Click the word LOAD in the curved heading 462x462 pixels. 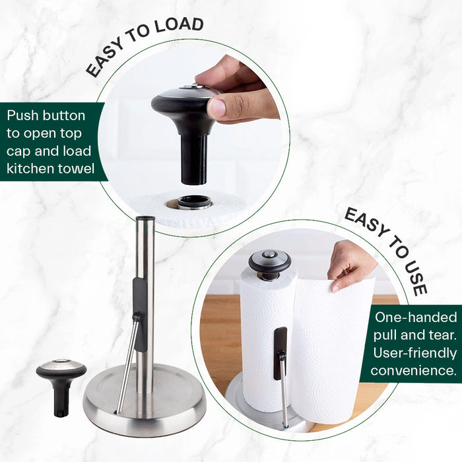click(x=179, y=25)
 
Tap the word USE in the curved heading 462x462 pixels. click(x=415, y=276)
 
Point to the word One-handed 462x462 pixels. click(x=416, y=317)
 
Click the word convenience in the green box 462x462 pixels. click(x=413, y=370)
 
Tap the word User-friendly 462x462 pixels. click(x=415, y=353)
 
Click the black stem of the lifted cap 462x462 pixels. click(x=193, y=159)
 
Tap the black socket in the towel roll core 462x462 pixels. click(x=193, y=202)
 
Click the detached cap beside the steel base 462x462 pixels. click(x=61, y=386)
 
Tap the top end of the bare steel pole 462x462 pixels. click(x=145, y=218)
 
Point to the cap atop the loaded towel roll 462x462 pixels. click(x=269, y=265)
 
